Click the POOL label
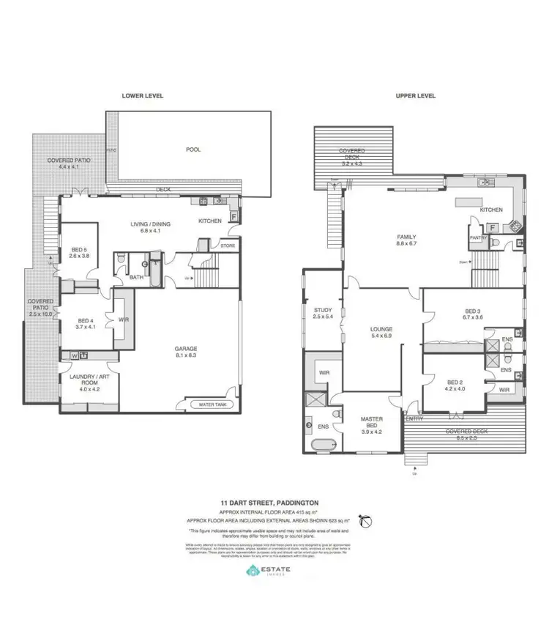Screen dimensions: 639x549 click(193, 149)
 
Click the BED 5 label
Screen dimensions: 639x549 click(78, 251)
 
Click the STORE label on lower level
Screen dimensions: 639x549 click(228, 246)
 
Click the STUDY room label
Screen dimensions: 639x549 click(323, 314)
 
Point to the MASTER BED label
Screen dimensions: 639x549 click(372, 425)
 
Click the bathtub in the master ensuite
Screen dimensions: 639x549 click(322, 446)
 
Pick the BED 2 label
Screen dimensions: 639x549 click(455, 385)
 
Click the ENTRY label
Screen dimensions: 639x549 click(414, 418)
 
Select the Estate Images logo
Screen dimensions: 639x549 click(273, 573)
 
